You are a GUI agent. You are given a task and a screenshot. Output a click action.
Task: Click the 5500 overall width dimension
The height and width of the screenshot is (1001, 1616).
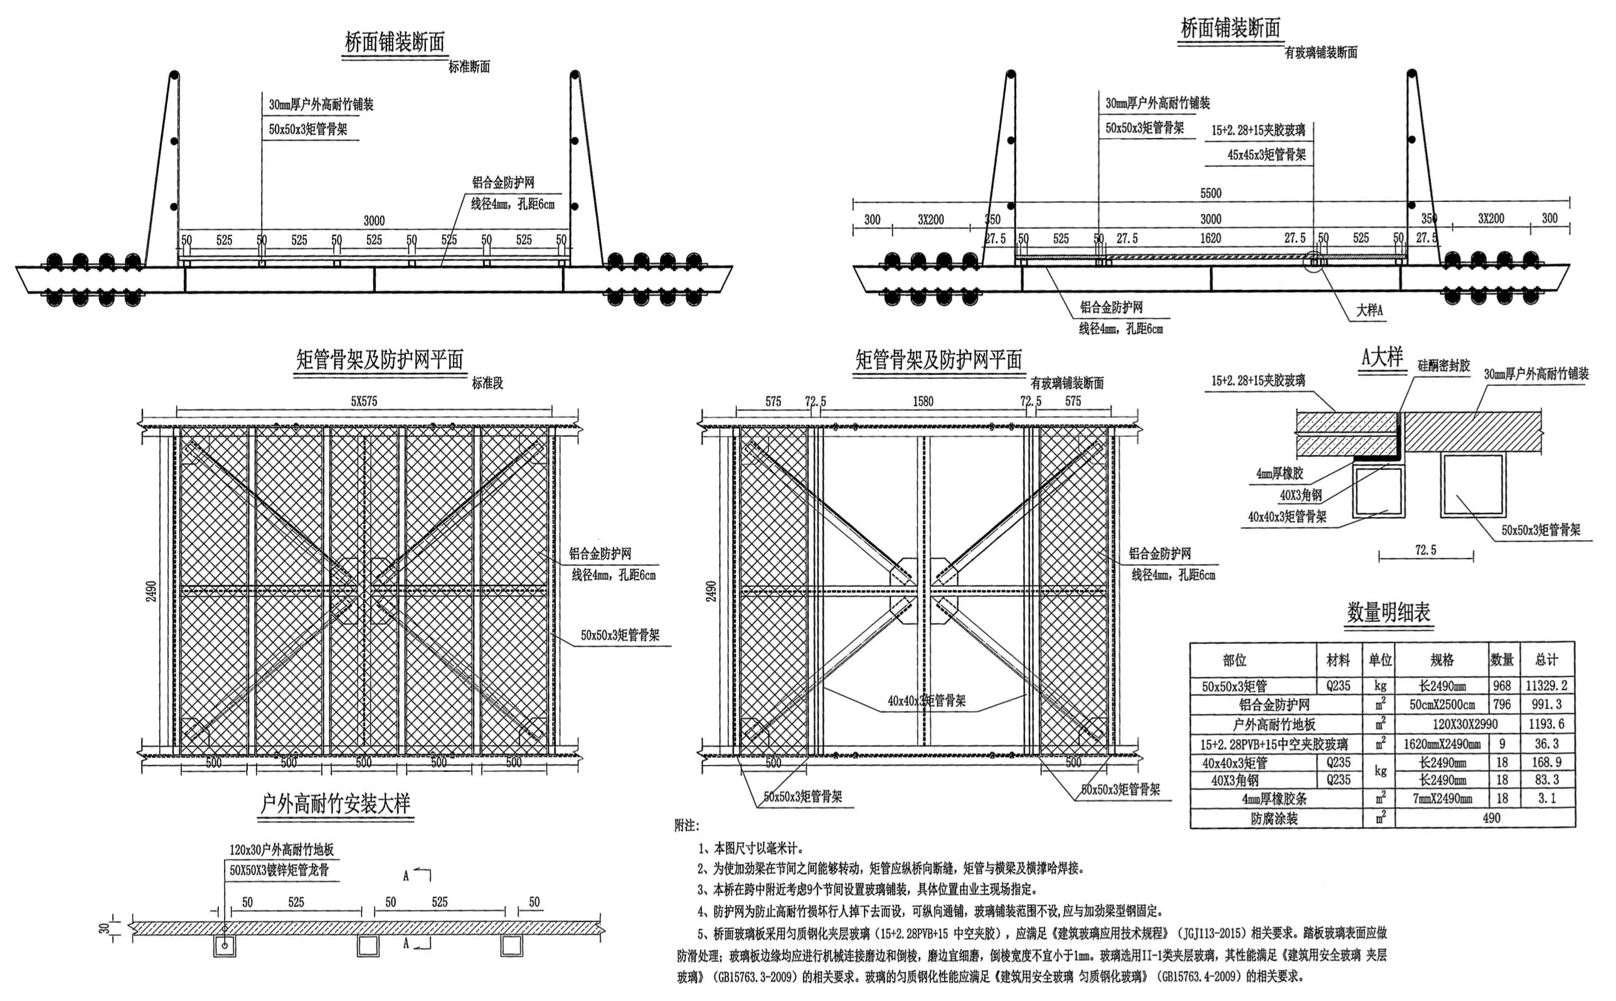coord(1210,193)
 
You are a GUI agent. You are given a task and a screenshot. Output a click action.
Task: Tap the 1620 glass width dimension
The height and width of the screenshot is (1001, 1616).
coord(1210,238)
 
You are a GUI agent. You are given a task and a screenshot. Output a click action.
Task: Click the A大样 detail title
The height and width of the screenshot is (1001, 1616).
coord(1382,358)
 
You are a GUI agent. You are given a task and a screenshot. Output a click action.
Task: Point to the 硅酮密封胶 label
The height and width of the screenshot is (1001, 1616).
coord(1443,365)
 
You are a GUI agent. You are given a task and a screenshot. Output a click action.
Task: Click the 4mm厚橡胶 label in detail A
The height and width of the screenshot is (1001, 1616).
coord(1279,474)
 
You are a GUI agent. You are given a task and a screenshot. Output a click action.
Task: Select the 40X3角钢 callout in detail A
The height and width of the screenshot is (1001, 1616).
coord(1300,495)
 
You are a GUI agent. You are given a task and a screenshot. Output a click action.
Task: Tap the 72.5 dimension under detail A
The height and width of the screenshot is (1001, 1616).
coord(1425,550)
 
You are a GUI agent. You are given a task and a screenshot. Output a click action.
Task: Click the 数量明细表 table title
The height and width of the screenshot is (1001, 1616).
coord(1388,613)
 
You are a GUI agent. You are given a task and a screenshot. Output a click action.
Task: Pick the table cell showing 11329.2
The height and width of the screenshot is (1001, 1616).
coord(1546,686)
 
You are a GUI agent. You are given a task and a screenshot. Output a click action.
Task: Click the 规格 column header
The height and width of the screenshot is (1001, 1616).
coord(1442,660)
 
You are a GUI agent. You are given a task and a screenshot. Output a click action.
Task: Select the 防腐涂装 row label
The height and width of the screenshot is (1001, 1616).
coord(1274,819)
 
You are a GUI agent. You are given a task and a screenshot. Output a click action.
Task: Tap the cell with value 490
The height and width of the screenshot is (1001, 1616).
coord(1491,818)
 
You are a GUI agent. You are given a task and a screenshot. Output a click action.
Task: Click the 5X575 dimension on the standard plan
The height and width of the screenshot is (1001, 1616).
coord(364,402)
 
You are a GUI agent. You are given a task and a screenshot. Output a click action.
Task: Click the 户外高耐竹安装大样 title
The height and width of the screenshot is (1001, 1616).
coord(336,804)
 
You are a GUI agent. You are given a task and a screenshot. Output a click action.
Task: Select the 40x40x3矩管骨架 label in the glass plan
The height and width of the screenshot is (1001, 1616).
coord(926,700)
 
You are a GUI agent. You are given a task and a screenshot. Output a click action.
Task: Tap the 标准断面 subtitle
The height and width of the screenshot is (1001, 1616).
coord(469,67)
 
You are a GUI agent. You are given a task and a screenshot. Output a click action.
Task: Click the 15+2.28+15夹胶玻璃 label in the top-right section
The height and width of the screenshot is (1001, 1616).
coord(1258,131)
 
